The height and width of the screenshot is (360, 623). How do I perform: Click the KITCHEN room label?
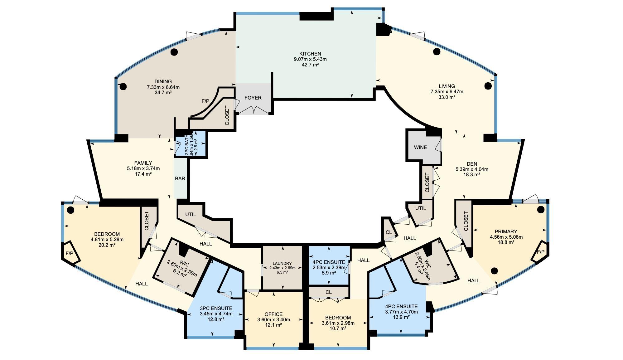(x=310, y=54)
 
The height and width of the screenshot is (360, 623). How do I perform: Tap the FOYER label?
(x=253, y=98)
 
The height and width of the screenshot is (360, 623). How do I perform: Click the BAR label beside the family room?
(x=180, y=179)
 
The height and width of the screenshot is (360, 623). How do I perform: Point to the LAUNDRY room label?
(x=282, y=264)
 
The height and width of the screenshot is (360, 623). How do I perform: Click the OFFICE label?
(x=273, y=314)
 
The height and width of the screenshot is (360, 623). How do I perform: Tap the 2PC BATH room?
(x=191, y=144)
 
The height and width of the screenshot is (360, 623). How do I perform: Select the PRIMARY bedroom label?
(x=506, y=231)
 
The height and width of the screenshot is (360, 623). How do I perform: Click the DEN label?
(x=472, y=164)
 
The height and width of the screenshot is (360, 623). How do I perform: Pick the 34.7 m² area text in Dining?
(x=163, y=93)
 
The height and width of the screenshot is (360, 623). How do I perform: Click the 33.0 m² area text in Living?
(x=447, y=97)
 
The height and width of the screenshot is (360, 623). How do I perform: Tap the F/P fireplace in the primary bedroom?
(x=540, y=252)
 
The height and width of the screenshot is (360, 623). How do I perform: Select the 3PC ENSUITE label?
(x=216, y=308)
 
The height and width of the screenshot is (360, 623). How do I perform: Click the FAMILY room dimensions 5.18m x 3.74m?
(x=143, y=168)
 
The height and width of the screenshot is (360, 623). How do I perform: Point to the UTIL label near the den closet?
(x=420, y=208)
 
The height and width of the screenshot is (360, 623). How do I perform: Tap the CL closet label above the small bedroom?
(x=328, y=292)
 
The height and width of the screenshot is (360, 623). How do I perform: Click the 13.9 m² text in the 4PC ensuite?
(x=401, y=317)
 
